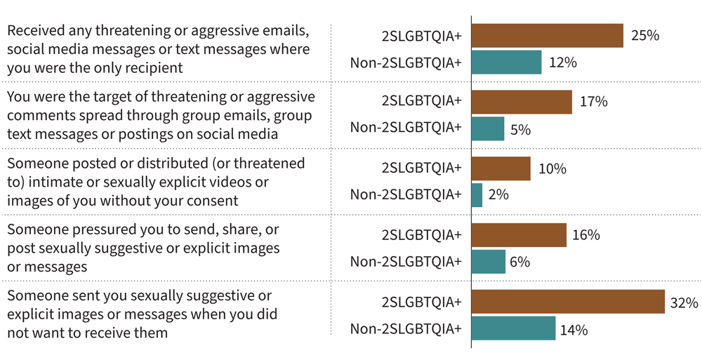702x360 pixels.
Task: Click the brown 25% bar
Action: point(547,35)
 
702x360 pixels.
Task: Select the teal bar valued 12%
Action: point(506,62)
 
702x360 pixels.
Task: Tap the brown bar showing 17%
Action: point(522,102)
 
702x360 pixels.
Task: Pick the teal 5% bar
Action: point(488,129)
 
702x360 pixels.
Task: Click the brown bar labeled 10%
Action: point(501,168)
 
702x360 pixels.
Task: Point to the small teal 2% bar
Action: point(477,195)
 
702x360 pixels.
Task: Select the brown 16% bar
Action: point(519,235)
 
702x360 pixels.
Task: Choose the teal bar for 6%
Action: point(489,262)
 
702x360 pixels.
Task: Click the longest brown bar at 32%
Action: point(568,302)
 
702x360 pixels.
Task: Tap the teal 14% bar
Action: point(513,328)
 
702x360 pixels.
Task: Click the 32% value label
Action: point(684,303)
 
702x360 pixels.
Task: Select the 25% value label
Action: point(644,35)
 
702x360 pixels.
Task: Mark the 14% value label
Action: point(574,329)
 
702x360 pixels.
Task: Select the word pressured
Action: point(93,230)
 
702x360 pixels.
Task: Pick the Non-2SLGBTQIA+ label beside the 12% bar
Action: point(406,63)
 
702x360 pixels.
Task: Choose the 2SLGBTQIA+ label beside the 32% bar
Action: point(421,302)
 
